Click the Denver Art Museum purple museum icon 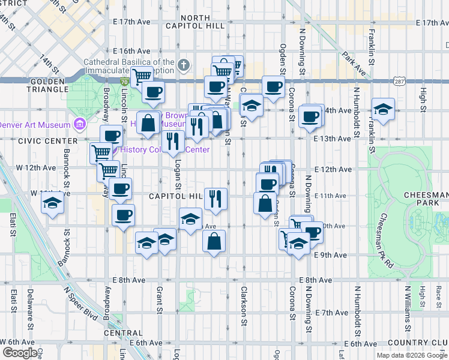click(x=79, y=124)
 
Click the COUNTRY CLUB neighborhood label click(x=421, y=343)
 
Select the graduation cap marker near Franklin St click(x=382, y=109)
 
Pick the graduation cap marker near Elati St click(x=52, y=203)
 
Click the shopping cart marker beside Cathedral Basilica click(x=142, y=76)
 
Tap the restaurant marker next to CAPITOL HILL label click(x=215, y=198)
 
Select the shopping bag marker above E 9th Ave click(x=214, y=242)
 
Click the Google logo click(x=20, y=353)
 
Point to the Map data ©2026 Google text click(x=412, y=355)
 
